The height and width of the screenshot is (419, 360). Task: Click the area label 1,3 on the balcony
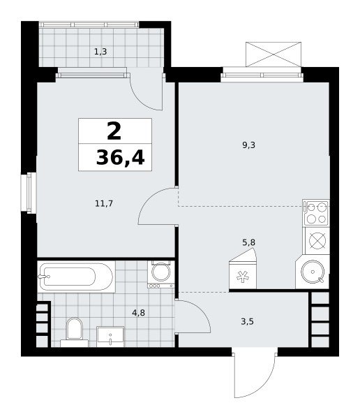click(100, 52)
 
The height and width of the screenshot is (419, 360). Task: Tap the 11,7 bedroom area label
click(104, 204)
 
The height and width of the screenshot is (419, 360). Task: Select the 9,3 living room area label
click(248, 145)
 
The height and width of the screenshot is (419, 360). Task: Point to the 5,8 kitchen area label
click(248, 242)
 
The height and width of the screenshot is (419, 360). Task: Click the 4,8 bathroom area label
click(138, 312)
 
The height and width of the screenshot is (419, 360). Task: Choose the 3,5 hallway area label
click(247, 321)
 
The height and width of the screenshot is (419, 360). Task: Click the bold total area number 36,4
click(121, 158)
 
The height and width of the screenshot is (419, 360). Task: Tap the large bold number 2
click(114, 131)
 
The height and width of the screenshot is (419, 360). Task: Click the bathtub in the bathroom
click(76, 277)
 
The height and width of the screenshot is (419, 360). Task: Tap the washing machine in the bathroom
click(160, 274)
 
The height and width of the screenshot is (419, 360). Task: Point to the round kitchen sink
click(313, 272)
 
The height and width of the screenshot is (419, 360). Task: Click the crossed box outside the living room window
click(273, 54)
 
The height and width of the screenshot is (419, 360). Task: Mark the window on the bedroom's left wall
click(29, 193)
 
